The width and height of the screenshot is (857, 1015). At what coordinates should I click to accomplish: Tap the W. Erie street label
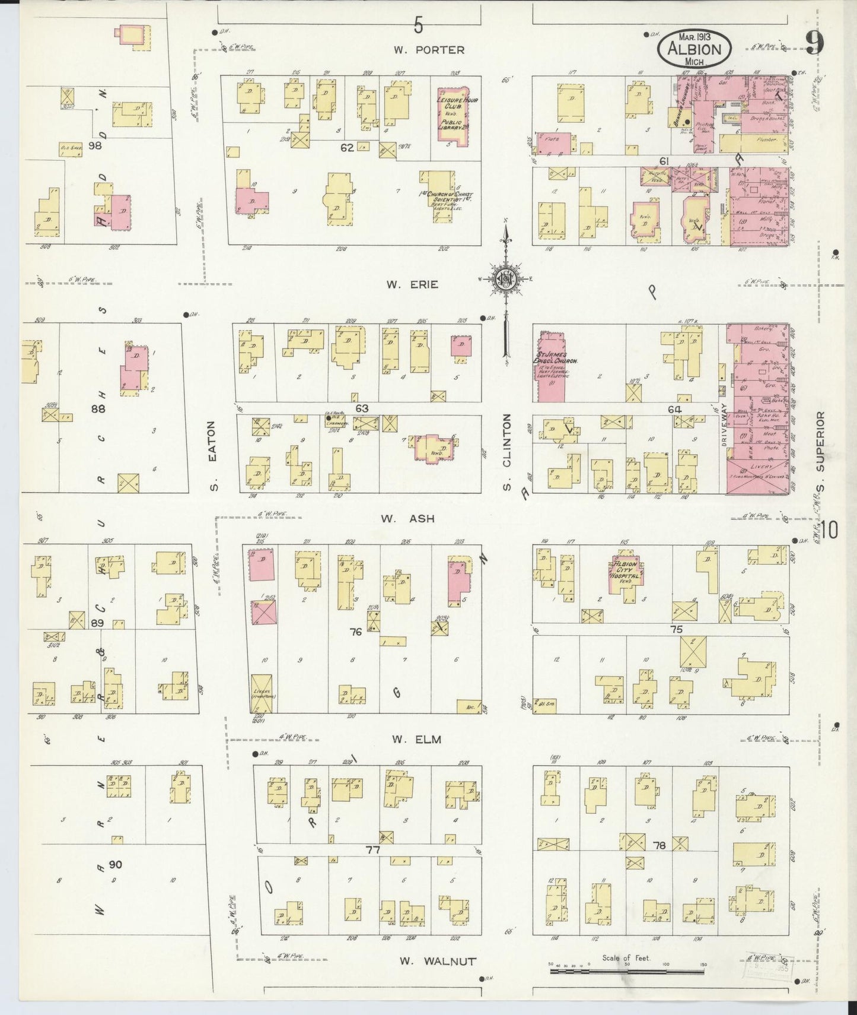pyautogui.click(x=412, y=284)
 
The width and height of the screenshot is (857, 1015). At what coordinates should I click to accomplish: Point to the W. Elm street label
pyautogui.click(x=409, y=740)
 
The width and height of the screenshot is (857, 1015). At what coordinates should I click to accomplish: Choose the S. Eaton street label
pyautogui.click(x=214, y=456)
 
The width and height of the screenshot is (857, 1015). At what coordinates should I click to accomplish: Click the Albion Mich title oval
pyautogui.click(x=694, y=49)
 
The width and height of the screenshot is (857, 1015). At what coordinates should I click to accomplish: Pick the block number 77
pyautogui.click(x=372, y=849)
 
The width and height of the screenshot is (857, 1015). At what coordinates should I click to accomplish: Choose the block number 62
pyautogui.click(x=347, y=147)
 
